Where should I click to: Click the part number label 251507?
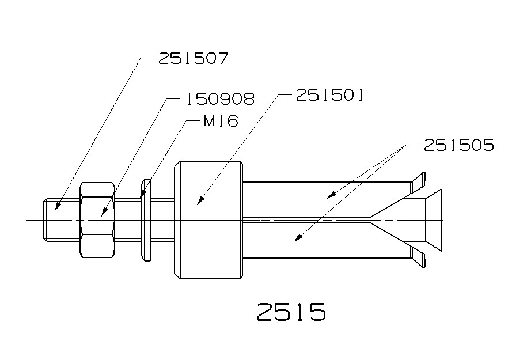coord(193,59)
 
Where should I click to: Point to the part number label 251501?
coord(329,95)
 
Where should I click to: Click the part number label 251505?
coord(458,145)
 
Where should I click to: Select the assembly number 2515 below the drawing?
coord(291,312)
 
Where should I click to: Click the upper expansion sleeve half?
coord(323,199)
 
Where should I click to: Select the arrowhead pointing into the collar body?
coord(201,200)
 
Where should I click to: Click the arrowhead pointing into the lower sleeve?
coord(296,237)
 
